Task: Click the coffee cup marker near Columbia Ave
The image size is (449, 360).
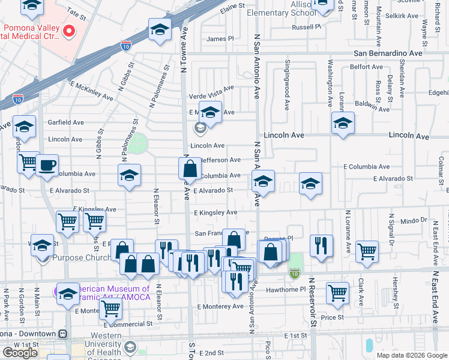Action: coord(47,166)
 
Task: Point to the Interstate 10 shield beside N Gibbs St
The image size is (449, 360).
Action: coord(125,46)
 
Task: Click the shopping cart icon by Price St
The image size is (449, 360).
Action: coord(338,293)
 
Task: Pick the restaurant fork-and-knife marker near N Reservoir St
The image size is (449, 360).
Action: coord(321,245)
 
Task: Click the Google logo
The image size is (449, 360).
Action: coord(20,353)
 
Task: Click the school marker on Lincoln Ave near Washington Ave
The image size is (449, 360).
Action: coord(342,124)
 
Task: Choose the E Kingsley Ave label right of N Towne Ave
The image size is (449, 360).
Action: coord(215,213)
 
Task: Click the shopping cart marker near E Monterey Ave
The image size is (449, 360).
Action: coord(110,309)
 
